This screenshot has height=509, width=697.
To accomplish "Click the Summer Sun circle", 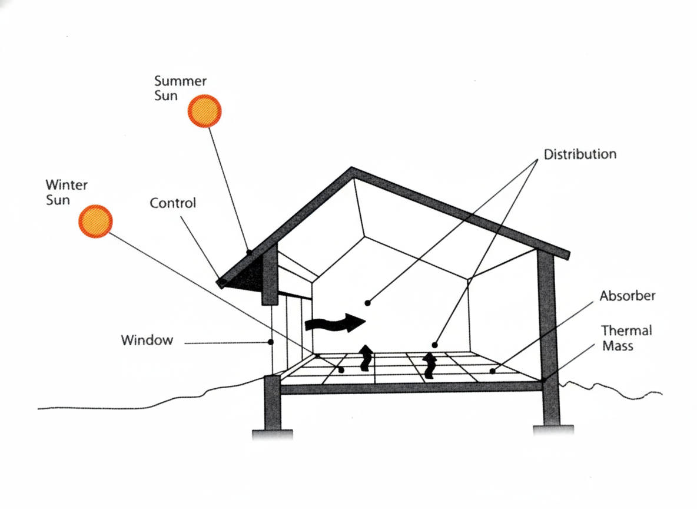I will point(204,111).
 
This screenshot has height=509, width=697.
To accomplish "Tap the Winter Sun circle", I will point(95,221).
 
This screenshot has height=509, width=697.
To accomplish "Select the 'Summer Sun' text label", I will point(180,88).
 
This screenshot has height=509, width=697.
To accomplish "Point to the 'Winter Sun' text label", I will point(66,192).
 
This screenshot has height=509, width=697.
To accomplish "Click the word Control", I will point(172,203).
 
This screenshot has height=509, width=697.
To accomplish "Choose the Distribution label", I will point(580,155).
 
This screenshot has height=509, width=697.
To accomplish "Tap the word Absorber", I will point(628,296).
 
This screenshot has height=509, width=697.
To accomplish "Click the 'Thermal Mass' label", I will point(626,338).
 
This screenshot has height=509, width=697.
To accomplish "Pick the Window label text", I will point(147,340).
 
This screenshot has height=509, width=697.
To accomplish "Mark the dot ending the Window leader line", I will point(271,342).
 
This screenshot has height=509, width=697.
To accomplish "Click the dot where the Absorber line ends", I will point(492,371).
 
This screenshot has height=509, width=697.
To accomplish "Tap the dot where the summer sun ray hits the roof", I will point(249,252).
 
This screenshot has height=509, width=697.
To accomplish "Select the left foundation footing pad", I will point(272,434).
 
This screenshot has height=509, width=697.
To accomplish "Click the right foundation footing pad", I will point(553,430).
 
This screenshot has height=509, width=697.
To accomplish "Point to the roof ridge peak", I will point(353,170).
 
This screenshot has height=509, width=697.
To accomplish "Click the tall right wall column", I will point(548,336).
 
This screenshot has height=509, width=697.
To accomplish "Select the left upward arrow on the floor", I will point(366,358).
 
